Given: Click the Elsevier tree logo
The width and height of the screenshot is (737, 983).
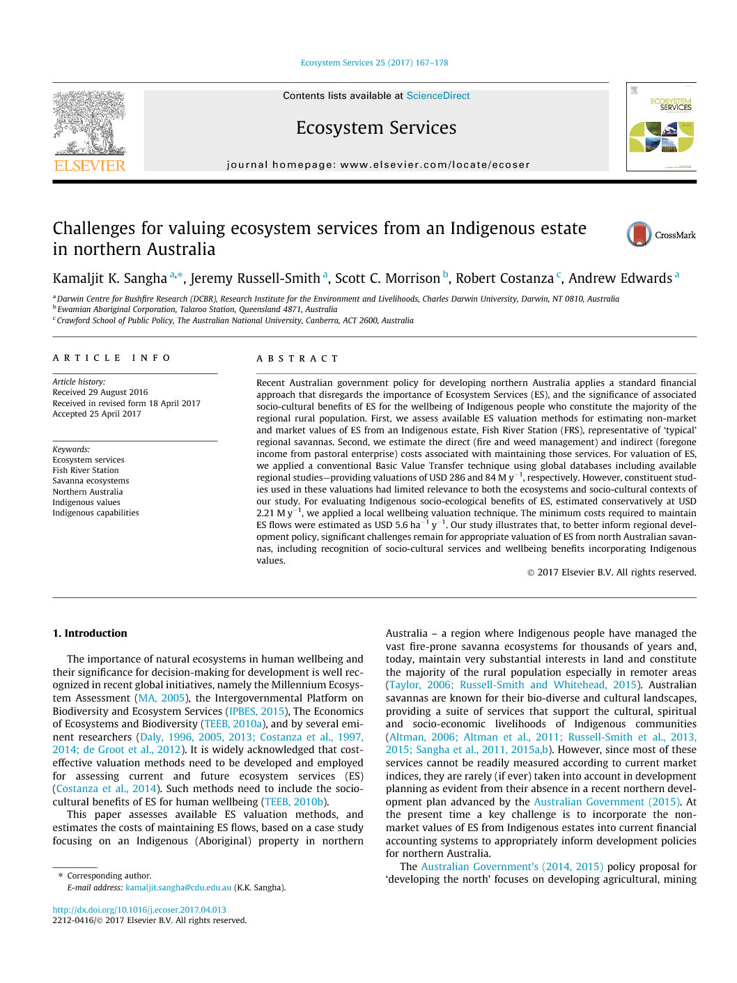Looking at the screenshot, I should pos(90,123).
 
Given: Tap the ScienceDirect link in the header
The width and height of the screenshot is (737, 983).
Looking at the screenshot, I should pos(437,95).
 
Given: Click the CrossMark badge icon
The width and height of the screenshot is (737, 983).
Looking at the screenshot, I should pos(639,235).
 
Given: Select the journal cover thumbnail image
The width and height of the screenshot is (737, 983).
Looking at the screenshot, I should pos(660,127).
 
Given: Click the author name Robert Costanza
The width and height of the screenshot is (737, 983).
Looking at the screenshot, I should pos(504,279).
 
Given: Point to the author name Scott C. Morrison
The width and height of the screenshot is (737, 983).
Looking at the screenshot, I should pos(387,279).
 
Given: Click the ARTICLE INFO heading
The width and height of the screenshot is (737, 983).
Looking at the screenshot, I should pos(111,358).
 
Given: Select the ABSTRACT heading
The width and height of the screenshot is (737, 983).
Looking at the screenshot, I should pos(297,359).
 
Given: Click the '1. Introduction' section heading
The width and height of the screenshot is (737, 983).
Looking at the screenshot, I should pos(90,633).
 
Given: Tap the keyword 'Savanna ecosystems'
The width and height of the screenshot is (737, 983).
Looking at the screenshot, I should pos(91,481).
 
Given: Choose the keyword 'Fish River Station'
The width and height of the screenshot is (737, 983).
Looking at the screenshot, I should pos(86,470).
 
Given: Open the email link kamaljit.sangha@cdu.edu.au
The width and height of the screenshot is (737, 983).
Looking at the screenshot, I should pos(178,888).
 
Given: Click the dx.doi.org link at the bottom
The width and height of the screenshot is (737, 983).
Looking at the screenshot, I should pos(139,910).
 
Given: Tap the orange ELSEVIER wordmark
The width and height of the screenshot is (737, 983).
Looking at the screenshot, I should pos(90,166).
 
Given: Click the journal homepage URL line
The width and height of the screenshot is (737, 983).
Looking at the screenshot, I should pos(378,165).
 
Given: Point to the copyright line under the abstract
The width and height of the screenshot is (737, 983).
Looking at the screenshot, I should pos(611,573).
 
